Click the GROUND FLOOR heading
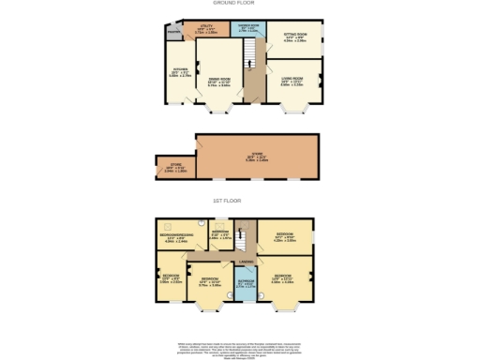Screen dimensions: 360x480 pyautogui.click(x=240, y=4)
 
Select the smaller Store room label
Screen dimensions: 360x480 pyautogui.click(x=169, y=169)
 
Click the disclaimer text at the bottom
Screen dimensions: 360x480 pyautogui.click(x=240, y=349)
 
